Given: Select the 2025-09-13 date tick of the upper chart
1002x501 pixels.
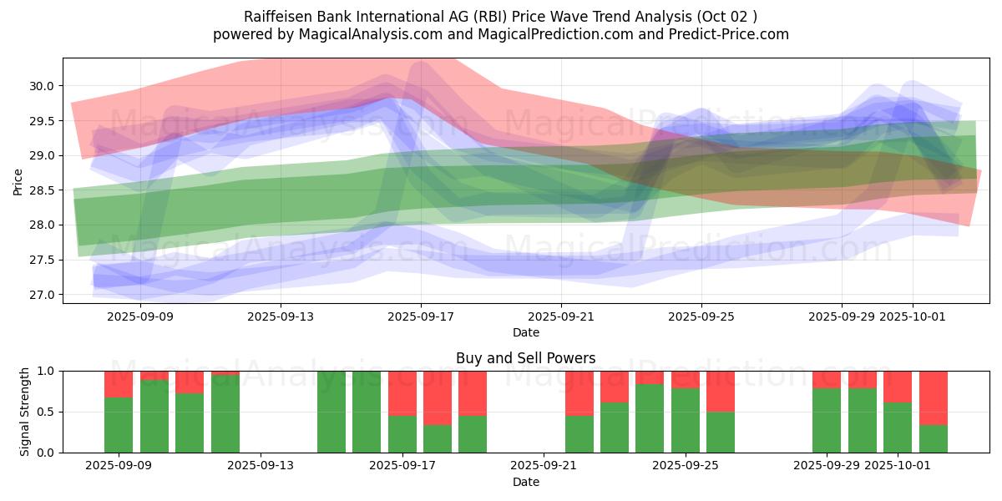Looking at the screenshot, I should [281, 316].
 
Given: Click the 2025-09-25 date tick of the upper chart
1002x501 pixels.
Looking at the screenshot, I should [701, 316].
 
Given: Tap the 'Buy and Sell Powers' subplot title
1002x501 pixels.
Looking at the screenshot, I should [525, 358].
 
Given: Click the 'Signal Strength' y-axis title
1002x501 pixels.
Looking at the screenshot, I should [25, 412].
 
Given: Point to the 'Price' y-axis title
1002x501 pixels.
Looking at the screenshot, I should [18, 181].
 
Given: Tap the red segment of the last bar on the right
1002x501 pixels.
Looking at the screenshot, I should [933, 397].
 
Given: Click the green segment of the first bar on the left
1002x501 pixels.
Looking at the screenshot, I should [119, 425].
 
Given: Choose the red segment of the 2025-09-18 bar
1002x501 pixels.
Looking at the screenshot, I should [438, 397].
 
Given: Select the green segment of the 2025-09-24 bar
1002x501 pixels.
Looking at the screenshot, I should [650, 418].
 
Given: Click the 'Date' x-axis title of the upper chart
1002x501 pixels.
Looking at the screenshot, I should [525, 332].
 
